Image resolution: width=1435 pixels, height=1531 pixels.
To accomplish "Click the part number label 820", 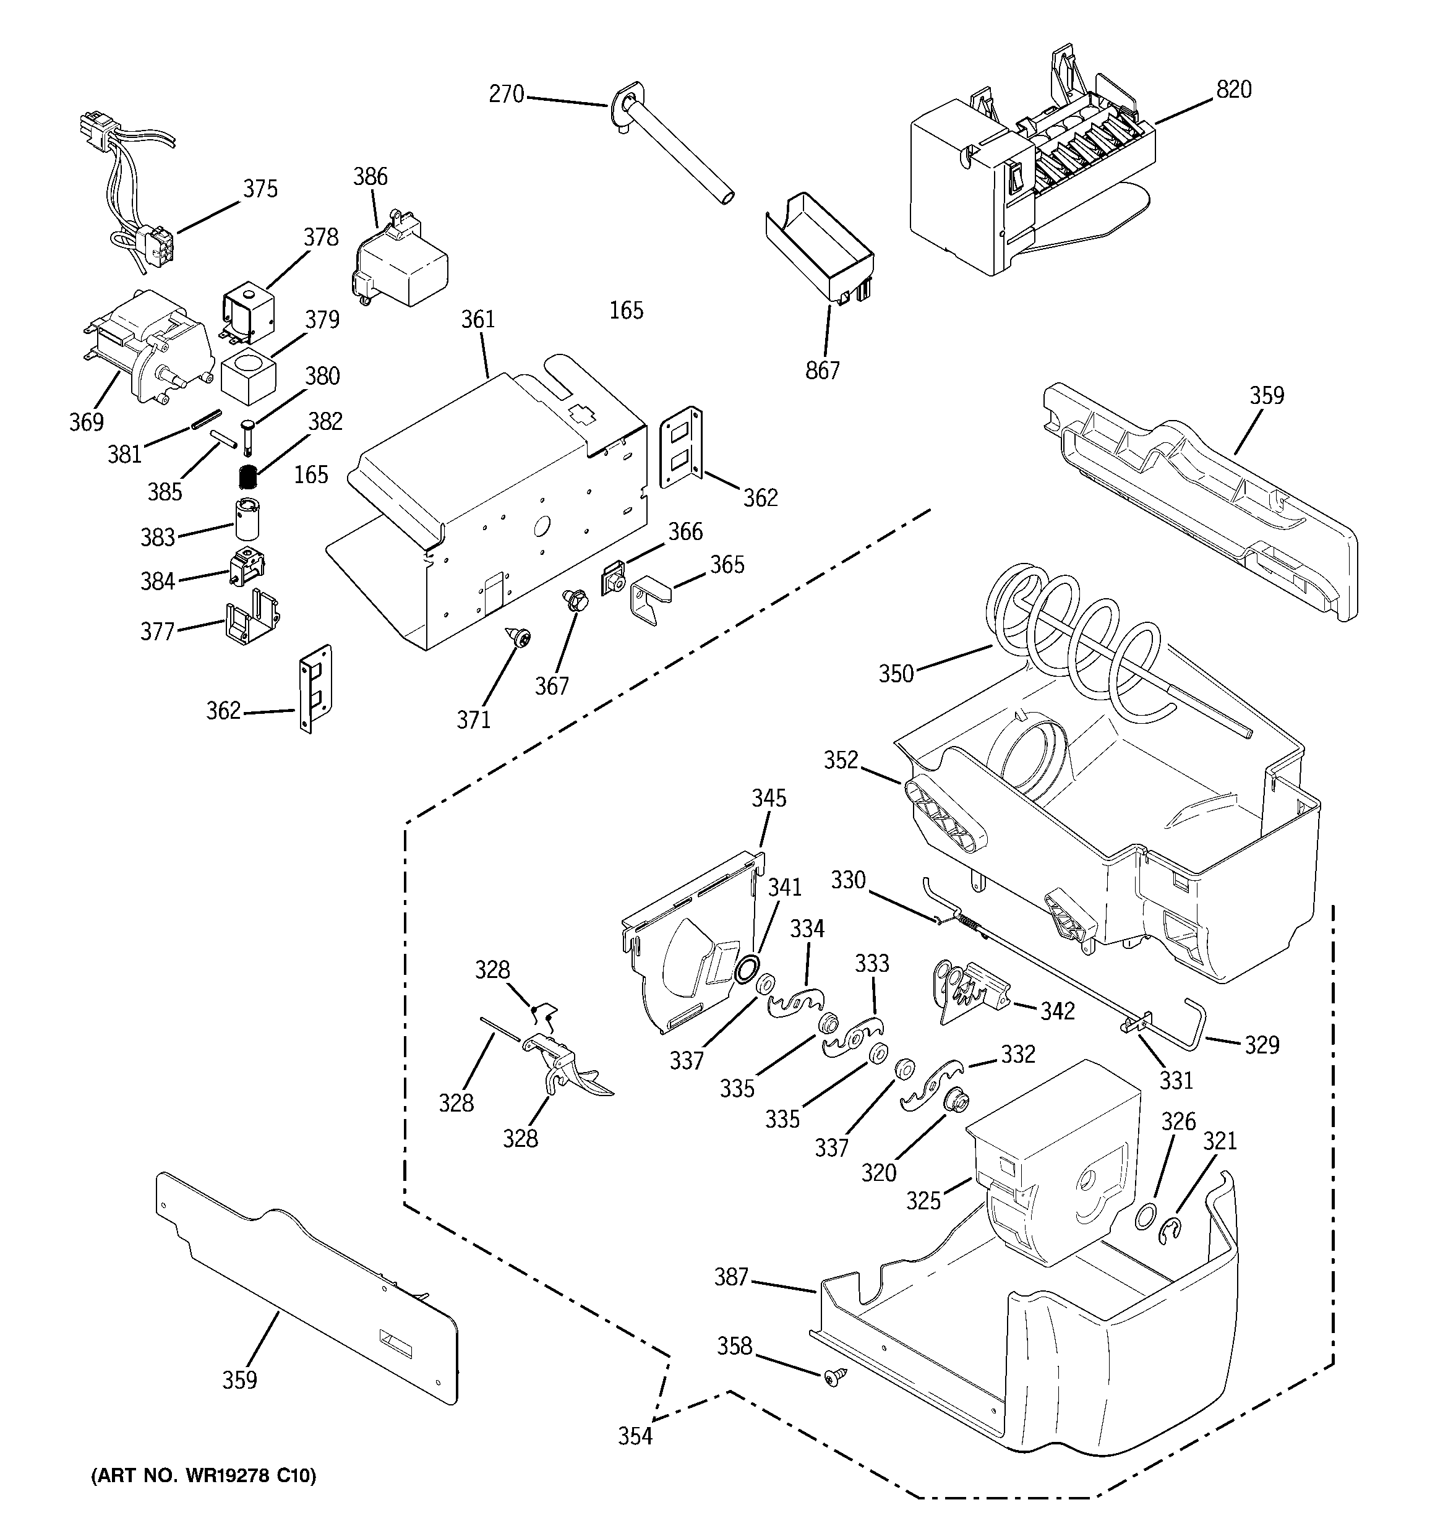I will pos(1233,90).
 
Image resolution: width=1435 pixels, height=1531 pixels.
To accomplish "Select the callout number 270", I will pos(506,95).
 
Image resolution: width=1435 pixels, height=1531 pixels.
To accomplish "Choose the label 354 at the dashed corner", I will pos(635,1436).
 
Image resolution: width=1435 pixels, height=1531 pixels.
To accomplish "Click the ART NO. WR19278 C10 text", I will pos(203,1475).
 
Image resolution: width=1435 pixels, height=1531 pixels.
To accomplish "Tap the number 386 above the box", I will pos(370,176).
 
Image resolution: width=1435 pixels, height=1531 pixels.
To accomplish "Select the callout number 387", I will pos(730,1277).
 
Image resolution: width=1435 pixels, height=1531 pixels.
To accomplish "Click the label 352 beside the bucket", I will pos(841,760).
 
